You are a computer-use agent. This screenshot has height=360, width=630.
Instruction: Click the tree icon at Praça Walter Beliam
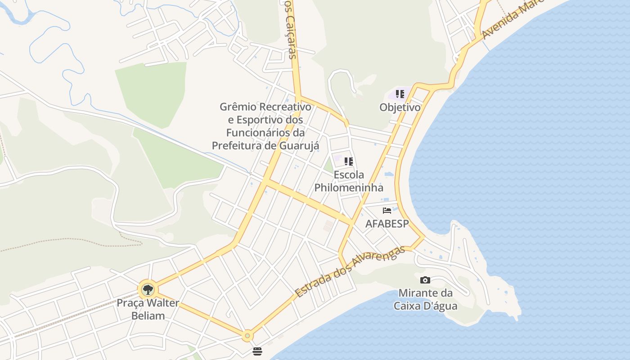pos(148,289)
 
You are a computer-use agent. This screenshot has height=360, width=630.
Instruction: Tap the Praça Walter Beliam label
pos(148,309)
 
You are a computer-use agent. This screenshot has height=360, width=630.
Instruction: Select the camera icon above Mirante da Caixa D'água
pos(425,280)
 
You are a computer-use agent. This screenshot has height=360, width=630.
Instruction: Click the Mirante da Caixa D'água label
pos(425,300)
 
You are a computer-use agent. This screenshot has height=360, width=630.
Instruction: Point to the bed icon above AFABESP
pos(387,210)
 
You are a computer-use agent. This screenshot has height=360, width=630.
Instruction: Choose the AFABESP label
pos(387,224)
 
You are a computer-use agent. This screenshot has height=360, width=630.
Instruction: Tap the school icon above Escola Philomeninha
pos(348,161)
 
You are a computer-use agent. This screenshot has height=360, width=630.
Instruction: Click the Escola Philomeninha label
pos(349,181)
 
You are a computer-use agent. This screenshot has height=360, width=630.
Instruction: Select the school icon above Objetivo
pos(400,94)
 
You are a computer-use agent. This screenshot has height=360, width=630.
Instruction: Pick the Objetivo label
pos(400,108)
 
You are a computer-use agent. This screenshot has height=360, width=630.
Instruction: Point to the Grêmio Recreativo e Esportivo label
pos(265,126)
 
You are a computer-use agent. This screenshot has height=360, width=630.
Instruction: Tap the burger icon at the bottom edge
pos(257,351)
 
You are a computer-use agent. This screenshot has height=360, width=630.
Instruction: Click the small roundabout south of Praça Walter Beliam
pos(247,336)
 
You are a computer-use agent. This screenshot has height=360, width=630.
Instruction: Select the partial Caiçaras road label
pos(292,30)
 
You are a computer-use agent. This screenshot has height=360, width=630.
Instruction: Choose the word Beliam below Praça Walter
pos(148,315)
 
